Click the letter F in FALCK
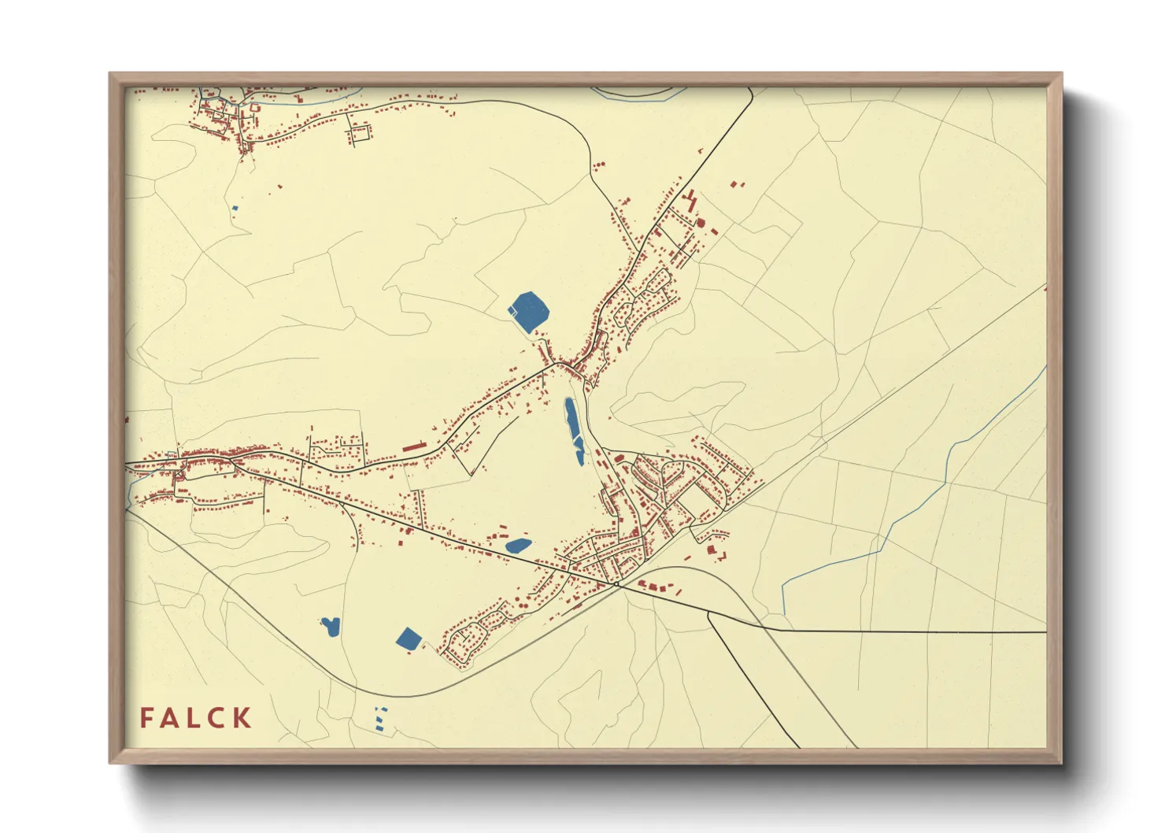[147, 718]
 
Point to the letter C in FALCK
[217, 718]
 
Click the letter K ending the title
[242, 718]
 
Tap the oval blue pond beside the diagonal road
[518, 545]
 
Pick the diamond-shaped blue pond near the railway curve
[409, 638]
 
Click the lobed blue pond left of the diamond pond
[330, 627]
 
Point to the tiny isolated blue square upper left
[235, 208]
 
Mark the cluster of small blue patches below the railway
[381, 718]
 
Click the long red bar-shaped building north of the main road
[413, 446]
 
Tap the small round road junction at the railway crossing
[618, 584]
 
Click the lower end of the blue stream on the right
[784, 611]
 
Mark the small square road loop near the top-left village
[360, 133]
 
